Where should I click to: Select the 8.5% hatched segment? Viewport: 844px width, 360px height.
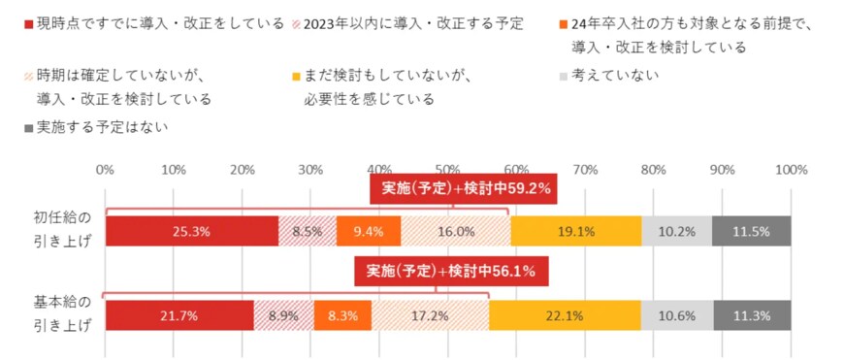[308, 232]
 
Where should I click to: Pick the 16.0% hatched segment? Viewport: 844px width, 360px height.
[455, 232]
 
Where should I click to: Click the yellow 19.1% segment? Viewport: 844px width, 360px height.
[575, 232]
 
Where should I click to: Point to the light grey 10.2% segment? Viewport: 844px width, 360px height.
[676, 232]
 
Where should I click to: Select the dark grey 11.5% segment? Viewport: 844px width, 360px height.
[751, 232]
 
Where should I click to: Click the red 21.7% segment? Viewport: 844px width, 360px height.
[179, 315]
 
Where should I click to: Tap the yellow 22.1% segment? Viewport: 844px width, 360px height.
[565, 315]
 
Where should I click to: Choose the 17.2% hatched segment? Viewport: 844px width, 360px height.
[430, 315]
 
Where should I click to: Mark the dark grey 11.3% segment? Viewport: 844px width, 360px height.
[752, 315]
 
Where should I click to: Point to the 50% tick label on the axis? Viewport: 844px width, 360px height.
[447, 169]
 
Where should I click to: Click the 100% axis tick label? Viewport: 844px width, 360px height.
[791, 169]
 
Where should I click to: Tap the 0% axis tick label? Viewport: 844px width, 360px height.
[106, 169]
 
